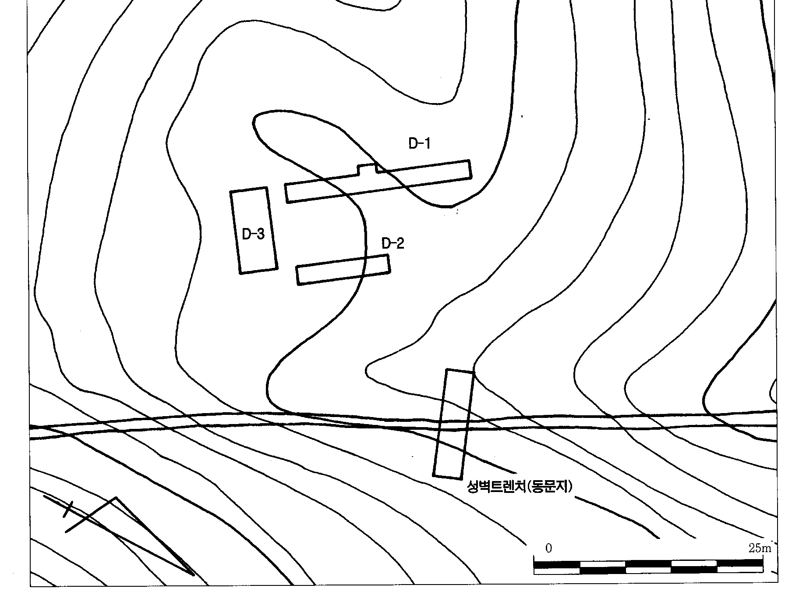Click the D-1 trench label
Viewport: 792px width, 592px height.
click(419, 143)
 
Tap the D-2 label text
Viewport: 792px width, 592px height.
click(393, 243)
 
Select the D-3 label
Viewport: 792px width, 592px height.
click(253, 234)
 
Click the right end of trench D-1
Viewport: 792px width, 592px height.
click(470, 169)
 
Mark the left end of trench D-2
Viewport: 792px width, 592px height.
click(298, 275)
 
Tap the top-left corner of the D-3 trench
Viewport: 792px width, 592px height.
click(231, 192)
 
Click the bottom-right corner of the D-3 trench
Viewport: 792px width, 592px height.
click(276, 268)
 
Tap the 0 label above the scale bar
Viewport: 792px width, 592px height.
click(548, 548)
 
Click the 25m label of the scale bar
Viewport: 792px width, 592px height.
click(760, 548)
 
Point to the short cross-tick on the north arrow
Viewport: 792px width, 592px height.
click(68, 509)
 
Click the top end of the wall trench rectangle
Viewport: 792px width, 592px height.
click(460, 371)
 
